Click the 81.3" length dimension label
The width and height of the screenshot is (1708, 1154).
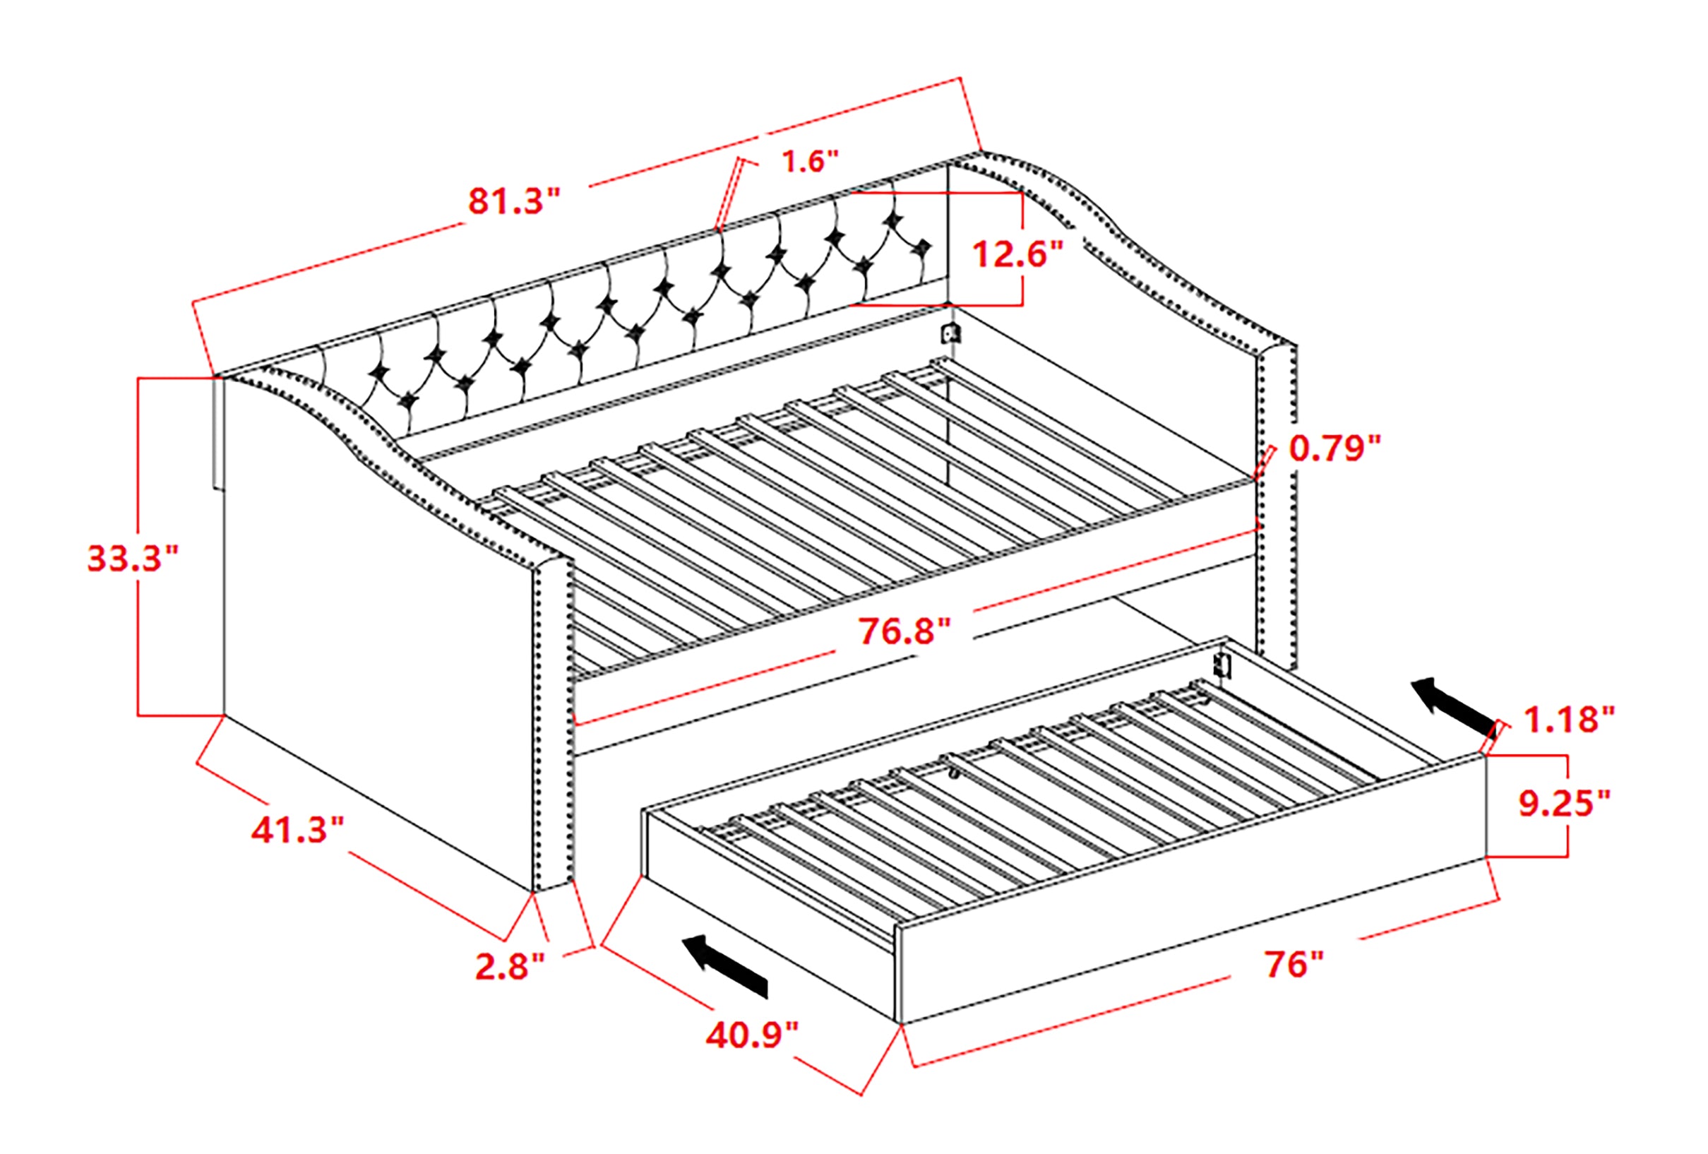514,201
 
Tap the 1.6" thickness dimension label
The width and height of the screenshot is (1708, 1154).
809,161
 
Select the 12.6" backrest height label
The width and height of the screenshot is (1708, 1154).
1017,254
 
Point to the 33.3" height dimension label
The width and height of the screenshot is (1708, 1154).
133,558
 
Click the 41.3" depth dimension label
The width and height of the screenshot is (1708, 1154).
298,830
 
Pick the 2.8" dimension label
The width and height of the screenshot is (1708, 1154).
510,967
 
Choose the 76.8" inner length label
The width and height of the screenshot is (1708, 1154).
904,631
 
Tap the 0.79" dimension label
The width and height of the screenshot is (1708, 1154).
1334,448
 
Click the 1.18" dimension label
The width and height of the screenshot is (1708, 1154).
1569,719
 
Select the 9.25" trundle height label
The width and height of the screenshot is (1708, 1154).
1564,804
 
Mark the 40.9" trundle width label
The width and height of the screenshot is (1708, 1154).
751,1035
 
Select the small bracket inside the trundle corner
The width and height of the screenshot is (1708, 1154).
1222,665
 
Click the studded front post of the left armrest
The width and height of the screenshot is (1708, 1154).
553,724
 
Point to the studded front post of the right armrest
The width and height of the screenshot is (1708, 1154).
1278,507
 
